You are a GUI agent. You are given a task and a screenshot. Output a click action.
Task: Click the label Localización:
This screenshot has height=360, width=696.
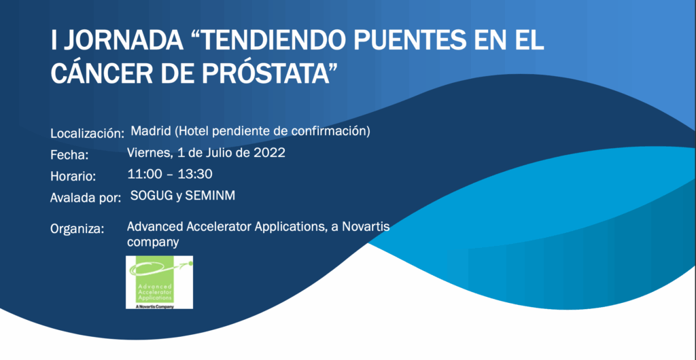click(87, 133)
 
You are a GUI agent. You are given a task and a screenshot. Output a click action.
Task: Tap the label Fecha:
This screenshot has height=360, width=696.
click(70, 155)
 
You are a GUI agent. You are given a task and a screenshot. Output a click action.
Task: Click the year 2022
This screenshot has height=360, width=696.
click(269, 153)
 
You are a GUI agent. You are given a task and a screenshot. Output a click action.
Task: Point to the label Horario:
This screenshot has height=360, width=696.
click(73, 177)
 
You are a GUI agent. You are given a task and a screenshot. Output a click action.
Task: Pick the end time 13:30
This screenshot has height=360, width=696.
click(195, 175)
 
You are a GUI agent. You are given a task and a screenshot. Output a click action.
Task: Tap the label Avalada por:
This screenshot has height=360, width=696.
click(86, 198)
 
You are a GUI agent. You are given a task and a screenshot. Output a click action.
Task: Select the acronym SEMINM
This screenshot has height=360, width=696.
click(210, 196)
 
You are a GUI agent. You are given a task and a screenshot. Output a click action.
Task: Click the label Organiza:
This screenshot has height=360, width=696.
click(77, 230)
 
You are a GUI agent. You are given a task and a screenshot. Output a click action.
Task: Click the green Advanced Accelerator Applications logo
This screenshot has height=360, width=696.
click(159, 283)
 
